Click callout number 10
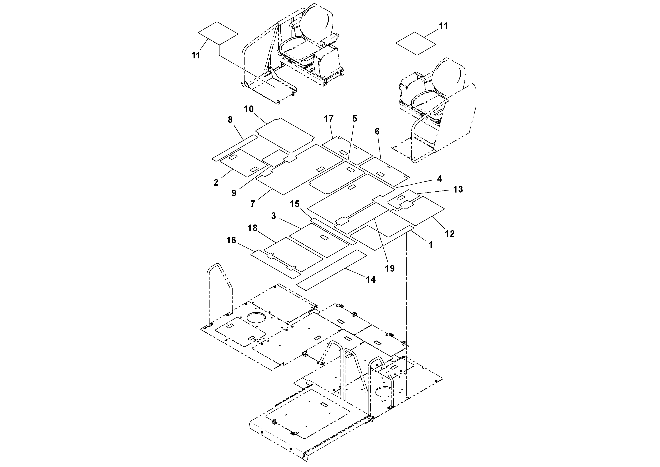249,109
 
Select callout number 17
329,118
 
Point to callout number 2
216,183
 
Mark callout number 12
450,234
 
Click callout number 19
390,268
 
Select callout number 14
370,279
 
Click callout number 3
273,216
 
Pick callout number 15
295,204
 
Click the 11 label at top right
443,26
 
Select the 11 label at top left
196,55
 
